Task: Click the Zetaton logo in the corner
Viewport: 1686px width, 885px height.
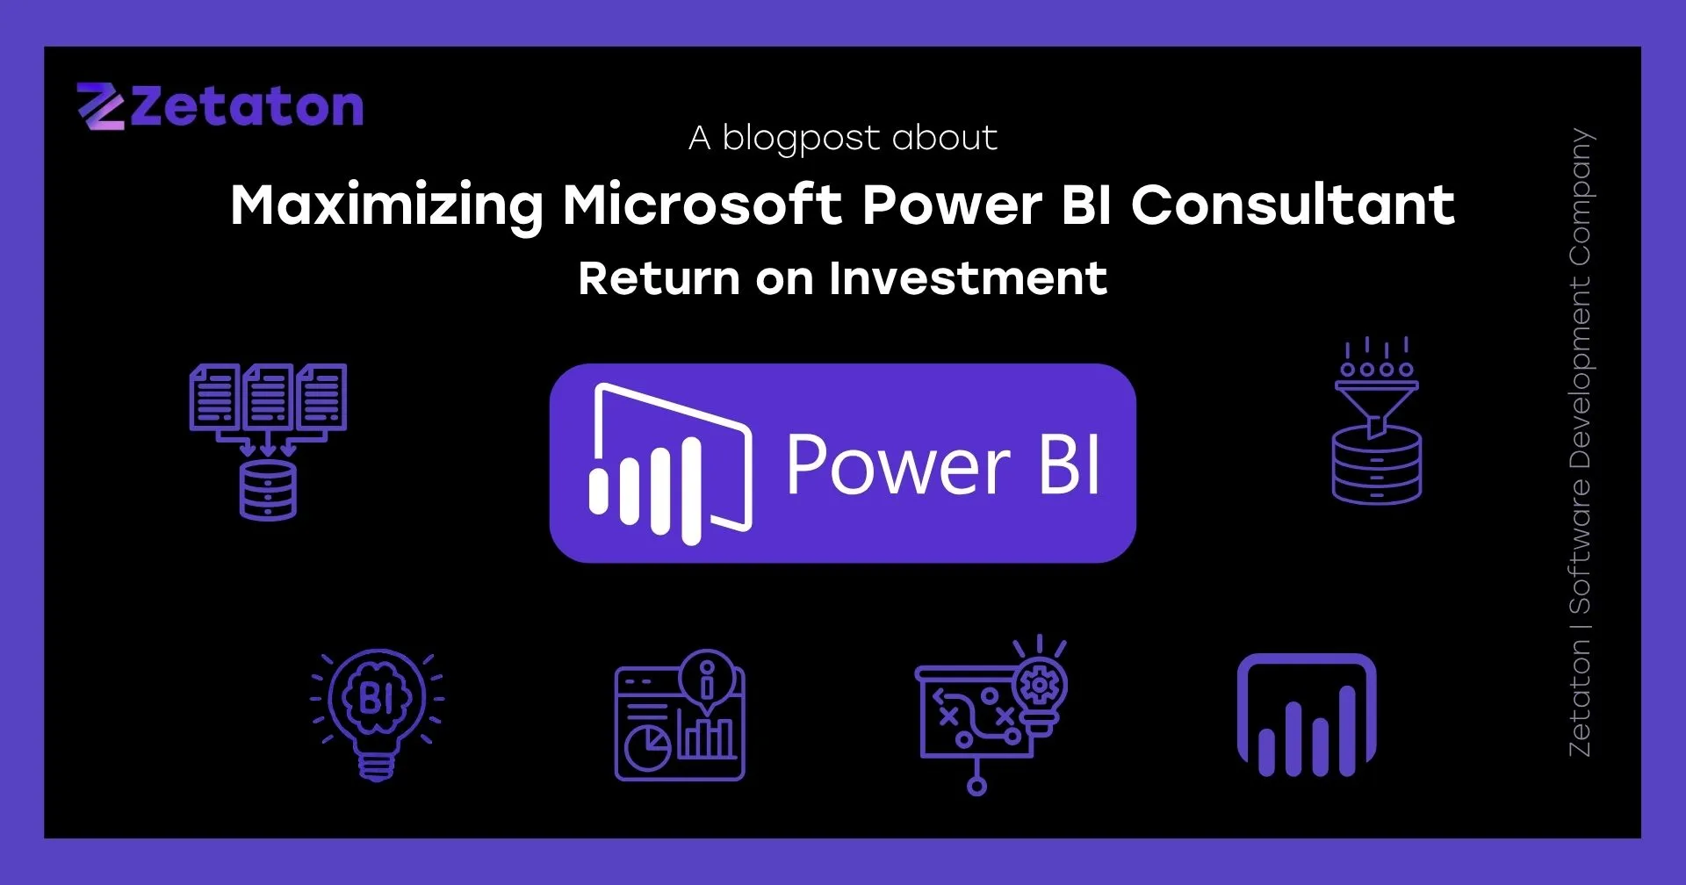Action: pos(220,107)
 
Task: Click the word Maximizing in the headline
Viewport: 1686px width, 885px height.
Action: pos(386,206)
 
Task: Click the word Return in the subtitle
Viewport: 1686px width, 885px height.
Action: pos(659,279)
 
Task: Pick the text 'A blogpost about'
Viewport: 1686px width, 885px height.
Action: pos(843,138)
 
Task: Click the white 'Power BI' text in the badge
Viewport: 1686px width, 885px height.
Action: pos(942,464)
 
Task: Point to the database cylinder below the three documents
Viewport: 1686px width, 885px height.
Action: pos(268,490)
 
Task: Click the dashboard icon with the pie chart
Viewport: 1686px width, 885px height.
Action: pos(679,724)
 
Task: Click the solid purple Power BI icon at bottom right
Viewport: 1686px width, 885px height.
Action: pos(1306,716)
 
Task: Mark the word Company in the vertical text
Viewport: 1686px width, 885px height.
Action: pos(1580,198)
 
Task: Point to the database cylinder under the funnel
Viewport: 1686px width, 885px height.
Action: pos(1376,470)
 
